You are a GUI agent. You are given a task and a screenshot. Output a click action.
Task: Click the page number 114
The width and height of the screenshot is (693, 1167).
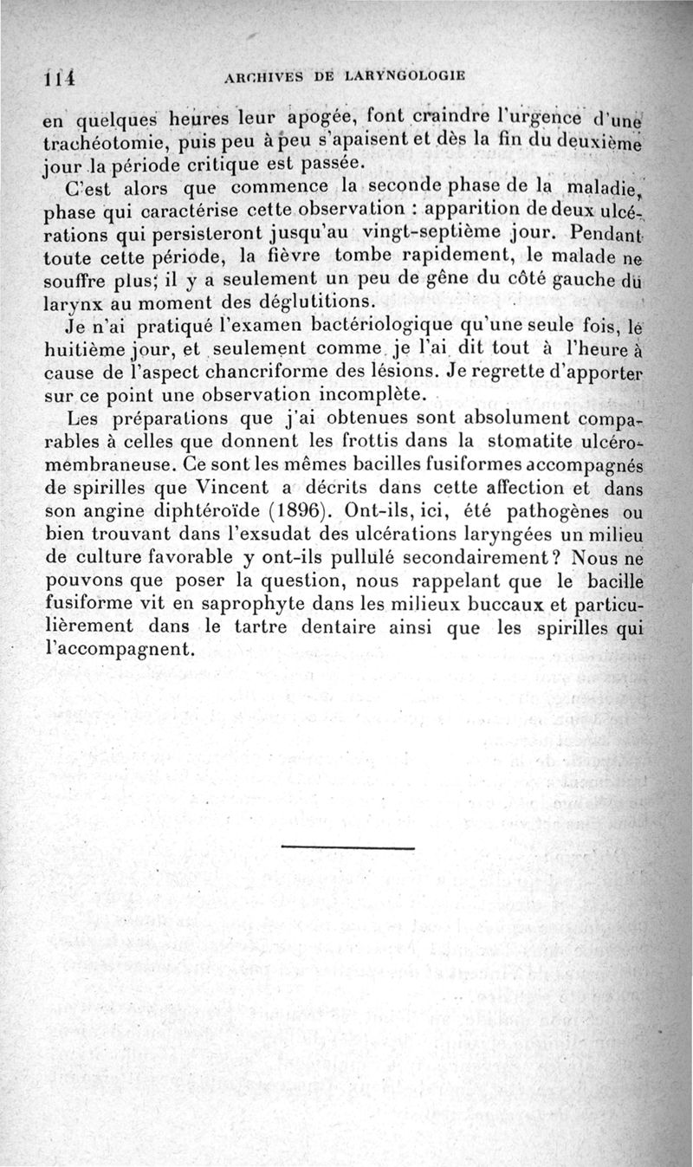pyautogui.click(x=56, y=77)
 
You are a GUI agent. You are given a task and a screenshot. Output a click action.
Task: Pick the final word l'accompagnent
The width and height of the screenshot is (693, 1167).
pyautogui.click(x=116, y=648)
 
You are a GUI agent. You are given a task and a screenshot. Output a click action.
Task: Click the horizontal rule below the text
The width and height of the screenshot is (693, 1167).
pyautogui.click(x=348, y=847)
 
